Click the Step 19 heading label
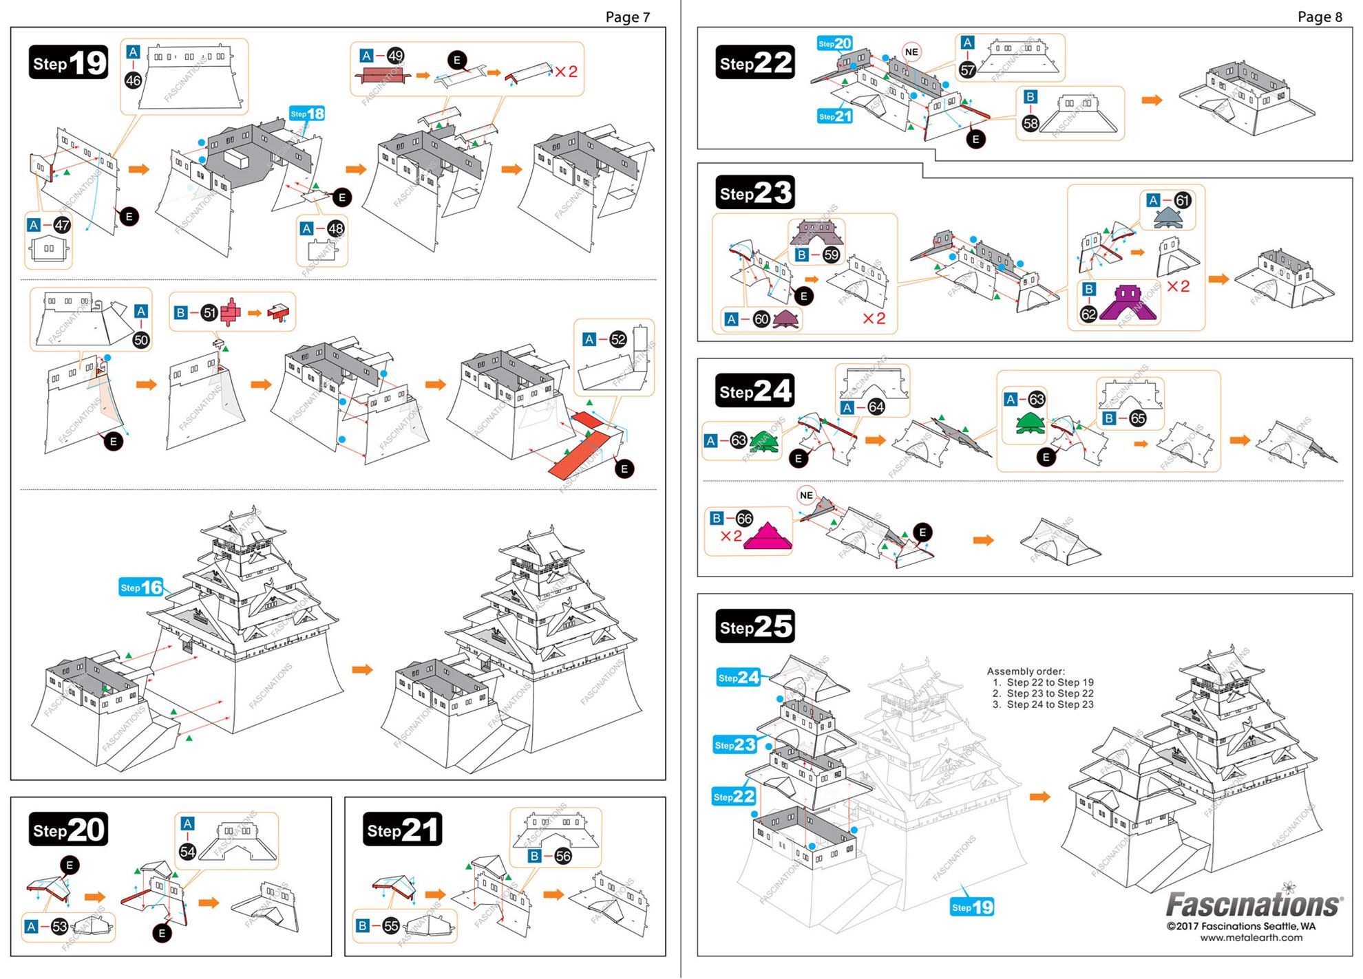click(68, 63)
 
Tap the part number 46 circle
click(133, 80)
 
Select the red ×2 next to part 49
click(566, 72)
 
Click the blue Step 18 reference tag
click(306, 114)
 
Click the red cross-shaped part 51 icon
click(231, 312)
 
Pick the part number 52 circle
click(618, 339)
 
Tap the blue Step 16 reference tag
click(141, 587)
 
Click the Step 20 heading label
click(68, 830)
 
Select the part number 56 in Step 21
click(562, 856)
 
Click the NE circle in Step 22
click(911, 52)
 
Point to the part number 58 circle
click(1031, 123)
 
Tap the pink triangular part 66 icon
click(767, 537)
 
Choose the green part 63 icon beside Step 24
click(764, 440)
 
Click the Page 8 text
click(1319, 17)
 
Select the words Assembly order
click(1025, 671)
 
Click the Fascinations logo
click(1254, 904)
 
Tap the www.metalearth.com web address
click(1251, 937)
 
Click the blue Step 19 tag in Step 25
click(972, 907)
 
